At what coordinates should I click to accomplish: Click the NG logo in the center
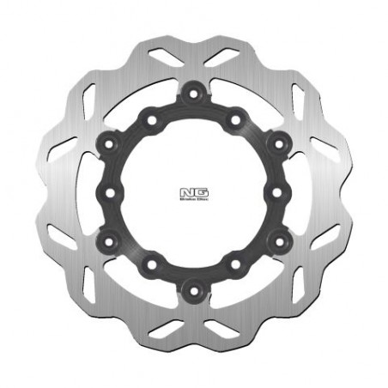click(x=194, y=189)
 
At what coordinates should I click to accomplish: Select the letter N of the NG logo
click(x=189, y=189)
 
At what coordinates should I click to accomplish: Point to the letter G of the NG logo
click(x=199, y=189)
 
